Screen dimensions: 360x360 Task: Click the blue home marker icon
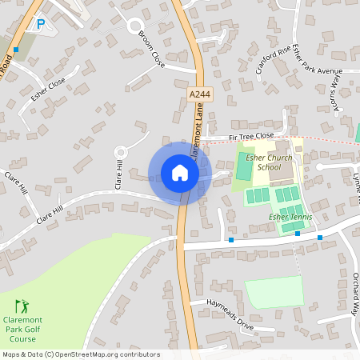pyautogui.click(x=180, y=173)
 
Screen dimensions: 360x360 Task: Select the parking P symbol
pyautogui.click(x=40, y=25)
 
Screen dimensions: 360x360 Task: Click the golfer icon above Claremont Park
pyautogui.click(x=22, y=306)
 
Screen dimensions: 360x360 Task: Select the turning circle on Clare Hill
pyautogui.click(x=122, y=151)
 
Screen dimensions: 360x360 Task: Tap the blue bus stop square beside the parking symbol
pyautogui.click(x=15, y=50)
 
